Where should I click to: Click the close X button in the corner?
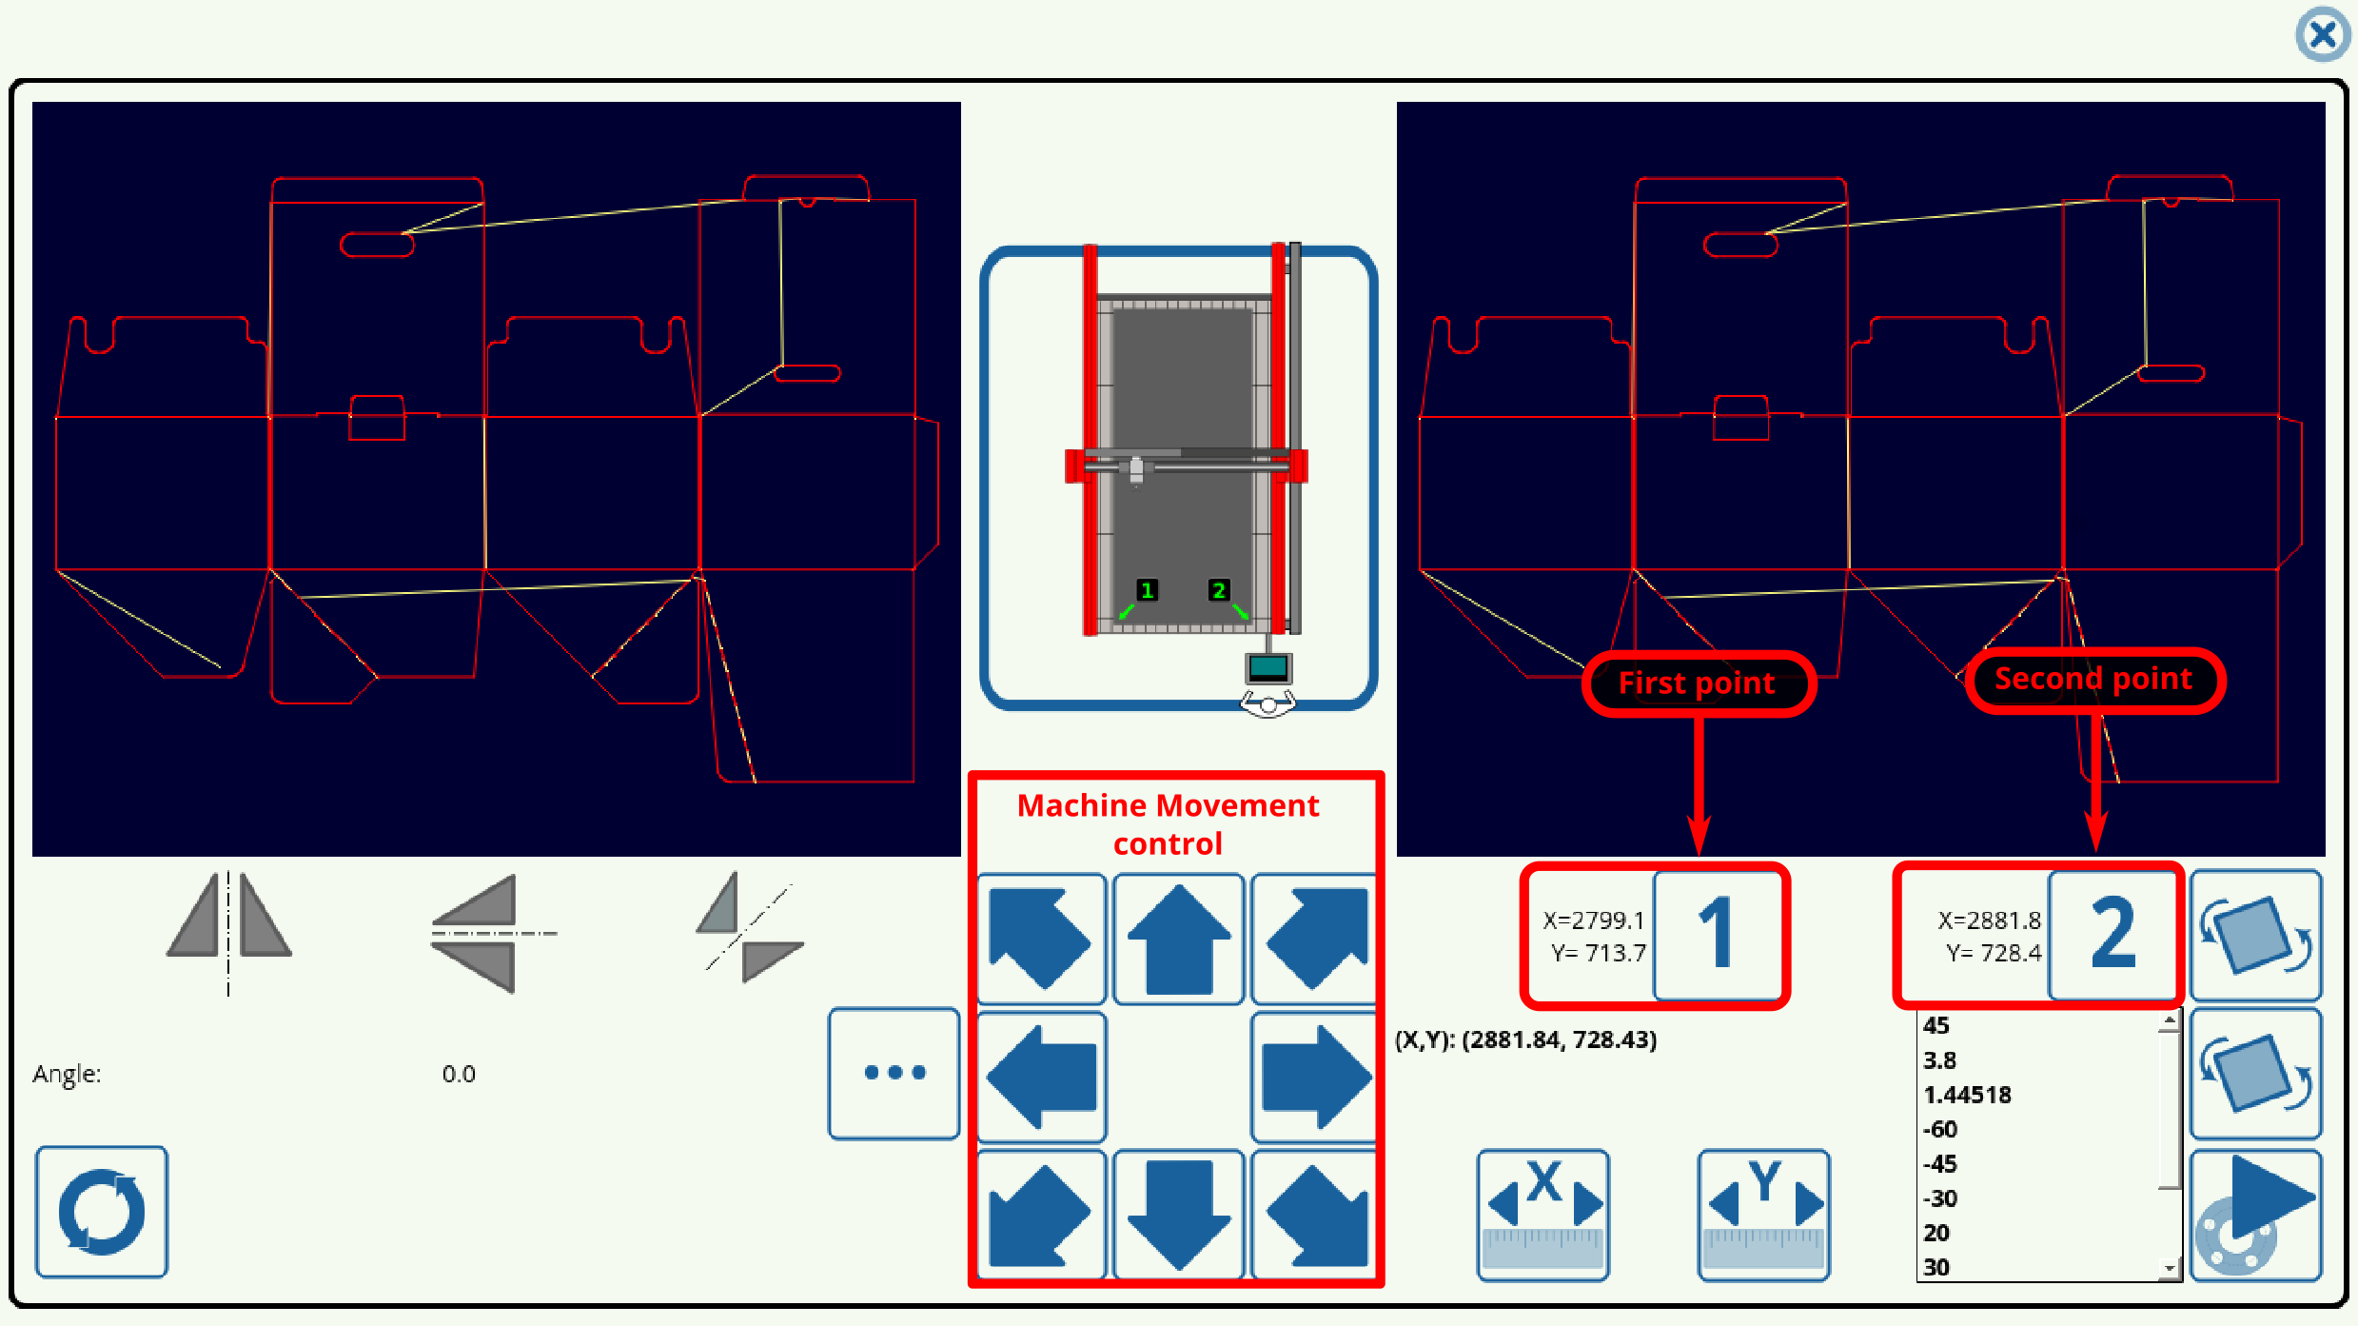coord(2322,35)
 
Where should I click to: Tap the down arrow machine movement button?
coord(1178,1214)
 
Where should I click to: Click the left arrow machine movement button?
coord(1042,1077)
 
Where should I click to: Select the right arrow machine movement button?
coord(1315,1077)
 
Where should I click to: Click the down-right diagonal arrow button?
coord(1315,1214)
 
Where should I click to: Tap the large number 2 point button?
coord(2112,934)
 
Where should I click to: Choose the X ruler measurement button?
coord(1543,1214)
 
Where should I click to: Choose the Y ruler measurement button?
coord(1763,1214)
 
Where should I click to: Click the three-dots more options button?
coord(894,1073)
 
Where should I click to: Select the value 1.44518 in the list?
coord(1967,1095)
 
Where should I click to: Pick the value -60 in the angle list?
coord(1940,1130)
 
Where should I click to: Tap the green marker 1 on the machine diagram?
coord(1147,590)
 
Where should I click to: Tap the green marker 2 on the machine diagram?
coord(1218,590)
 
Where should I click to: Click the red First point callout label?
coord(1697,683)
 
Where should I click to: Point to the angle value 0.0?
coord(459,1074)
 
